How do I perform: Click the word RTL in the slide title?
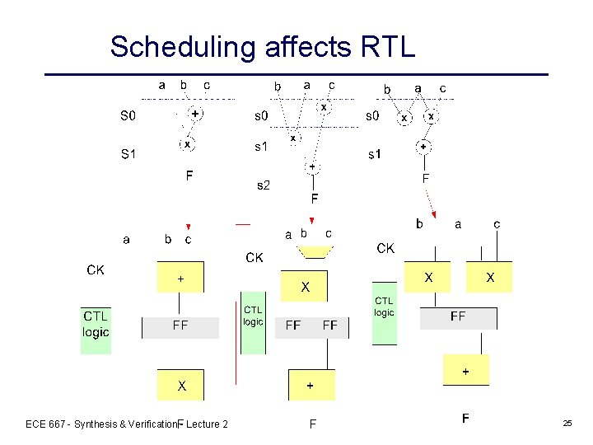pyautogui.click(x=388, y=47)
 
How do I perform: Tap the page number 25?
pyautogui.click(x=567, y=423)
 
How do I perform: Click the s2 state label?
pyautogui.click(x=264, y=185)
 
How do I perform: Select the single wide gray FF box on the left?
pyautogui.click(x=180, y=326)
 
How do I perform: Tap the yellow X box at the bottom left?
pyautogui.click(x=180, y=385)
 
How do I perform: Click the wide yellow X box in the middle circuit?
pyautogui.click(x=306, y=288)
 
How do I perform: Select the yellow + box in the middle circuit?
pyautogui.click(x=311, y=385)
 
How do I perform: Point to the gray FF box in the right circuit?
pyautogui.click(x=458, y=317)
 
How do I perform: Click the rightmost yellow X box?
pyautogui.click(x=490, y=279)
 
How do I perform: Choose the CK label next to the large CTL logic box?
pyautogui.click(x=96, y=270)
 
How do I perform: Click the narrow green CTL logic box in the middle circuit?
pyautogui.click(x=253, y=322)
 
